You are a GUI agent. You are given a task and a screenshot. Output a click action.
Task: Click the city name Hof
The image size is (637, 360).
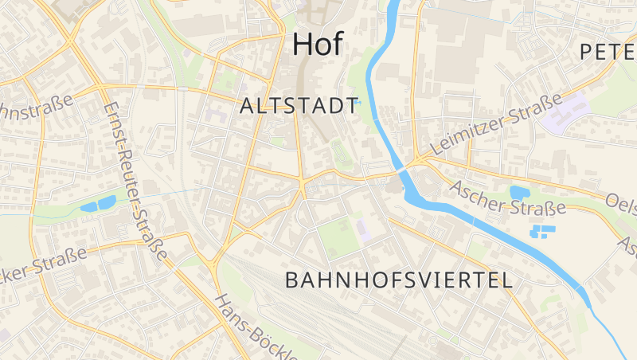click(318, 44)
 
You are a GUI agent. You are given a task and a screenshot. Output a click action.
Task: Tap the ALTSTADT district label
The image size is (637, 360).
click(299, 107)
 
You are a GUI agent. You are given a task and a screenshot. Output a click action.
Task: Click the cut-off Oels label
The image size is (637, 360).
click(621, 205)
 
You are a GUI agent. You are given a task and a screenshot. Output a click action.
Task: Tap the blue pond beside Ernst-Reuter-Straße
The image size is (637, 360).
click(100, 205)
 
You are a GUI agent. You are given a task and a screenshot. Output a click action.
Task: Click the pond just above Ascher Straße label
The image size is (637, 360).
click(520, 192)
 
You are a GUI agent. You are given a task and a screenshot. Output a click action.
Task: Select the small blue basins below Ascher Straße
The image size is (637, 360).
click(545, 233)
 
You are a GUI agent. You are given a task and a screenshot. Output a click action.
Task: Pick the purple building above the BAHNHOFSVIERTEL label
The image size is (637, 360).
click(363, 231)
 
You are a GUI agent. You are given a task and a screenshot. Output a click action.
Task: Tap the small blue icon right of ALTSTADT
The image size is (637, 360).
click(358, 102)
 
